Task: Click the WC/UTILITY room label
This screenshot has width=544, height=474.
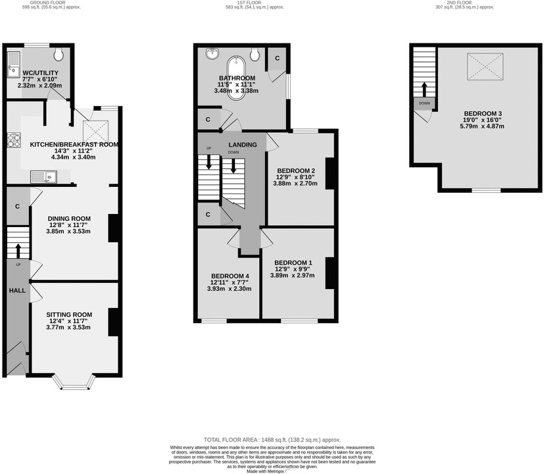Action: [x=41, y=73]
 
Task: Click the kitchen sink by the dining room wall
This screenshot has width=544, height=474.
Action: [x=45, y=176]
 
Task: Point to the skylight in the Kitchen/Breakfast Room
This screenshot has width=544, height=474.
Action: [x=95, y=128]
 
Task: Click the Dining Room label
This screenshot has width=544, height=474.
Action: [x=69, y=219]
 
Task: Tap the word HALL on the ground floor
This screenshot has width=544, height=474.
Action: [x=17, y=290]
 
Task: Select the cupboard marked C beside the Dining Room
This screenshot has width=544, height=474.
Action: [x=16, y=206]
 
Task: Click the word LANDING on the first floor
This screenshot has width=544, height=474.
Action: [x=243, y=145]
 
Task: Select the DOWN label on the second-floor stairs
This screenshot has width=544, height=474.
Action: [x=424, y=103]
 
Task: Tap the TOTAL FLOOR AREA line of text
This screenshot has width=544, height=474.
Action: [x=272, y=440]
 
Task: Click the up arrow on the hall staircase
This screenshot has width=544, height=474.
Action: [x=17, y=250]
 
